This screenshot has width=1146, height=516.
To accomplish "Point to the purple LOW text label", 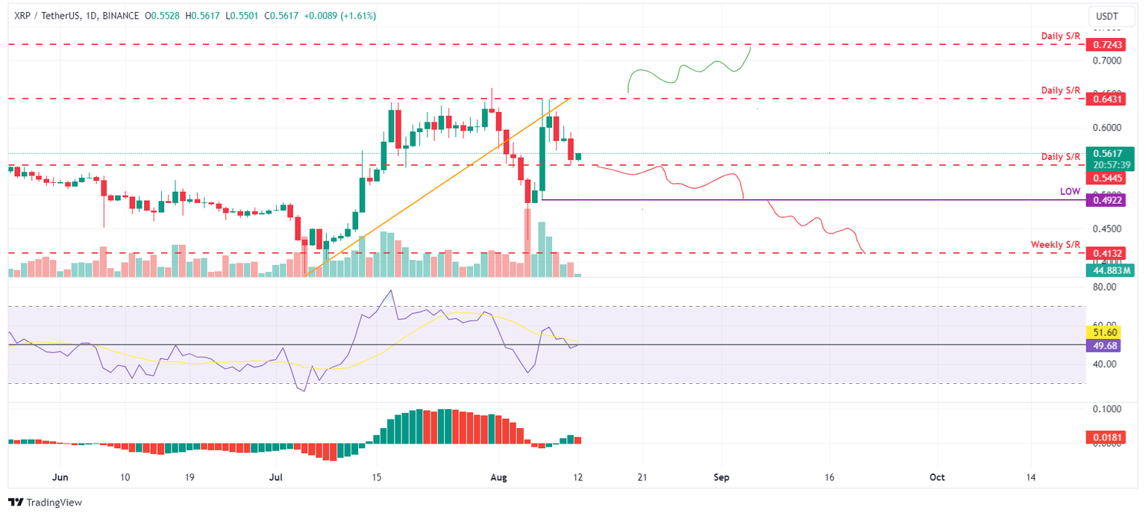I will (1070, 192).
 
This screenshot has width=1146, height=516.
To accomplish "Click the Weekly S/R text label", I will (1055, 245).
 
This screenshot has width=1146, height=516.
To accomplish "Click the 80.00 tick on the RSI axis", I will (1104, 287).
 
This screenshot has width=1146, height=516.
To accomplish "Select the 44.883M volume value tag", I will (1108, 270).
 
